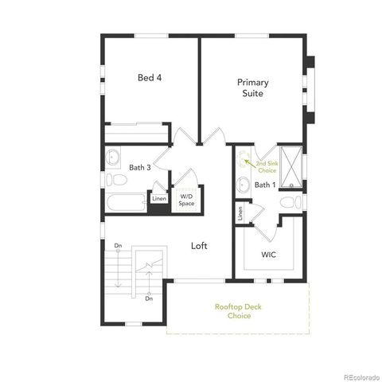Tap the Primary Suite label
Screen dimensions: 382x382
(x=252, y=88)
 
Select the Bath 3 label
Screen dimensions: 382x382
(x=140, y=167)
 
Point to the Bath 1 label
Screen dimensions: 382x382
(x=264, y=185)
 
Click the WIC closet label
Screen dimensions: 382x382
(x=269, y=255)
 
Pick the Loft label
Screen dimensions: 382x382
(x=199, y=246)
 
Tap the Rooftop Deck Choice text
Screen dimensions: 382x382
(x=232, y=311)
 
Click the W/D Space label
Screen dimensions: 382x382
(x=186, y=199)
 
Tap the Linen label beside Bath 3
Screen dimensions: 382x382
(x=159, y=199)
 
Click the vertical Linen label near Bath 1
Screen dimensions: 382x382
(x=240, y=214)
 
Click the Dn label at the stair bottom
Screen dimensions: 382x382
(x=149, y=298)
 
